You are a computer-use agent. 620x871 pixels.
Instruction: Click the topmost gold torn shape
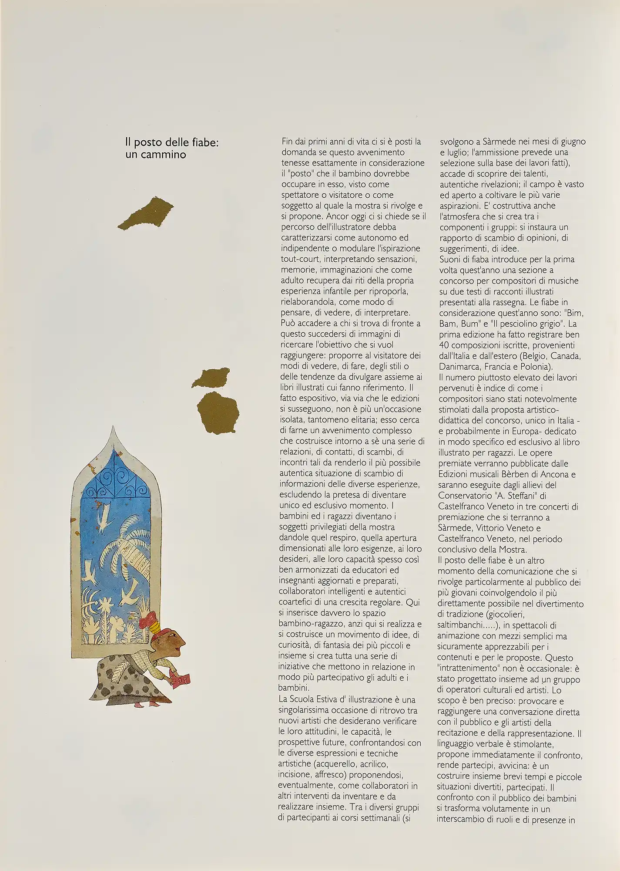147,213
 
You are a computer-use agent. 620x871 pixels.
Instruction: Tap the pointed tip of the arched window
114,429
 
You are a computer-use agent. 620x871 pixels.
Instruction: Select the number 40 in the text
445,345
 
